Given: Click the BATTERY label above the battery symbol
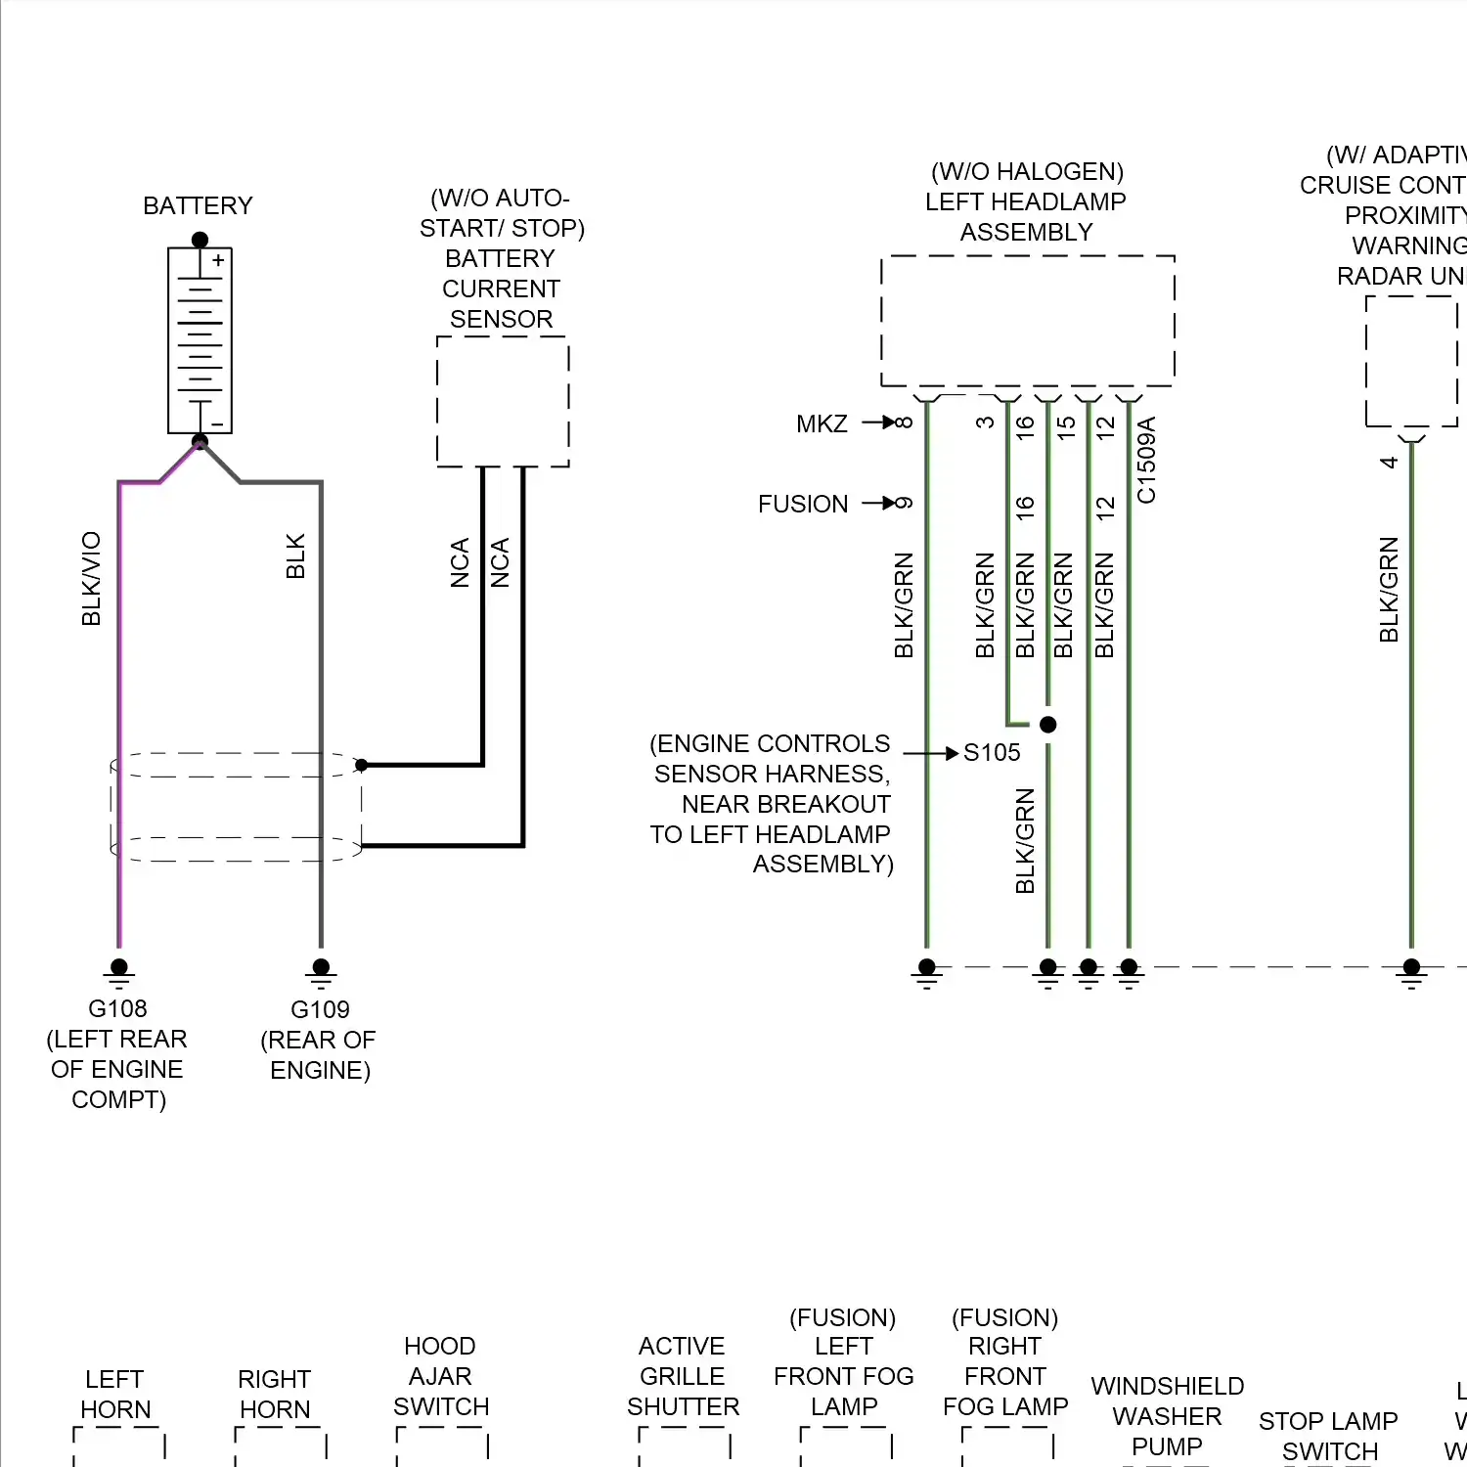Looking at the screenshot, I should (x=198, y=206).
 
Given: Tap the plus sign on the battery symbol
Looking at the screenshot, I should (x=218, y=261).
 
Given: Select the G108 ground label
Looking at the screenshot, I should (x=117, y=1008).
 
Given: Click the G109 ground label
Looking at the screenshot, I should (x=320, y=1009).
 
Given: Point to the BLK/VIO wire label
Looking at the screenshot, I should (x=91, y=578).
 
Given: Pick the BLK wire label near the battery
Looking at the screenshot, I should (x=295, y=556).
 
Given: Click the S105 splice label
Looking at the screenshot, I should (x=992, y=752).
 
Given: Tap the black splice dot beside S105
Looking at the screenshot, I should (x=1048, y=725).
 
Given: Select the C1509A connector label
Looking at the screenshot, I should (x=1147, y=460).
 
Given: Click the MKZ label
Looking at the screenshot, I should (x=822, y=423).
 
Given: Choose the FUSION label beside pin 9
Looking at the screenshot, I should (x=803, y=504).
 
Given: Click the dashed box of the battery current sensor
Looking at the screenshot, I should (x=503, y=401).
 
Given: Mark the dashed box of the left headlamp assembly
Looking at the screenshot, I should (x=1027, y=321).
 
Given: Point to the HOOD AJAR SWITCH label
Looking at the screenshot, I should (x=441, y=1376).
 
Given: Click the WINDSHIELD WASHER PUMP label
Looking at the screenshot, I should (x=1167, y=1416).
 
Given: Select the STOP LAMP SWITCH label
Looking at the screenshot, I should (x=1329, y=1436).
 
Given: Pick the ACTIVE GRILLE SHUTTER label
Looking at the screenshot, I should (x=683, y=1376).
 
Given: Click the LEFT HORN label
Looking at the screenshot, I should (x=115, y=1394).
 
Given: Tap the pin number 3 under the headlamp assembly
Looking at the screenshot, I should (x=985, y=422).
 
